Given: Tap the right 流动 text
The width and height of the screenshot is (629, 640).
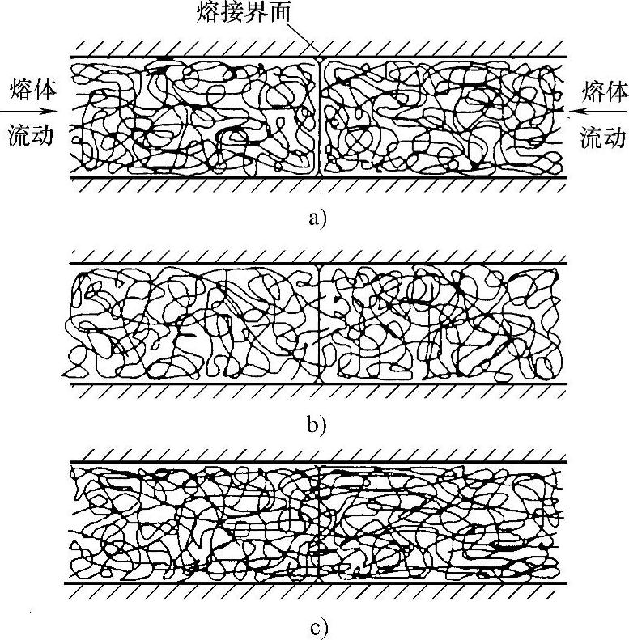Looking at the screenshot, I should pyautogui.click(x=603, y=137).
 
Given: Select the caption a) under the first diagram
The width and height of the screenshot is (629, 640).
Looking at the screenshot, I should pyautogui.click(x=315, y=217).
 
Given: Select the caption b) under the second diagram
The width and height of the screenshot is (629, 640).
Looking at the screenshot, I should pyautogui.click(x=315, y=424).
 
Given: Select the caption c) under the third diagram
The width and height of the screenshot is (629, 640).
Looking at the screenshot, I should pyautogui.click(x=315, y=627).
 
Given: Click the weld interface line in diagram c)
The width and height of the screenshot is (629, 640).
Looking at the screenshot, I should pyautogui.click(x=321, y=522).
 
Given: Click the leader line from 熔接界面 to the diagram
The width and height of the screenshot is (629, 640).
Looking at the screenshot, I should pyautogui.click(x=308, y=40).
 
